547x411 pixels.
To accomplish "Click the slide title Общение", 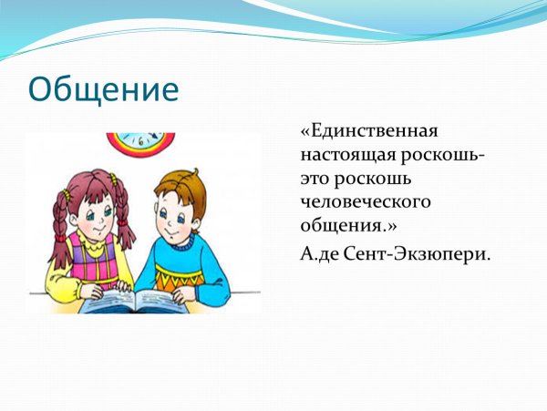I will click(x=102, y=89).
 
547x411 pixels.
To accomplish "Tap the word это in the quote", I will click(x=317, y=180).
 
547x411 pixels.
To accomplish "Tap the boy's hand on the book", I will click(x=182, y=294).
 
